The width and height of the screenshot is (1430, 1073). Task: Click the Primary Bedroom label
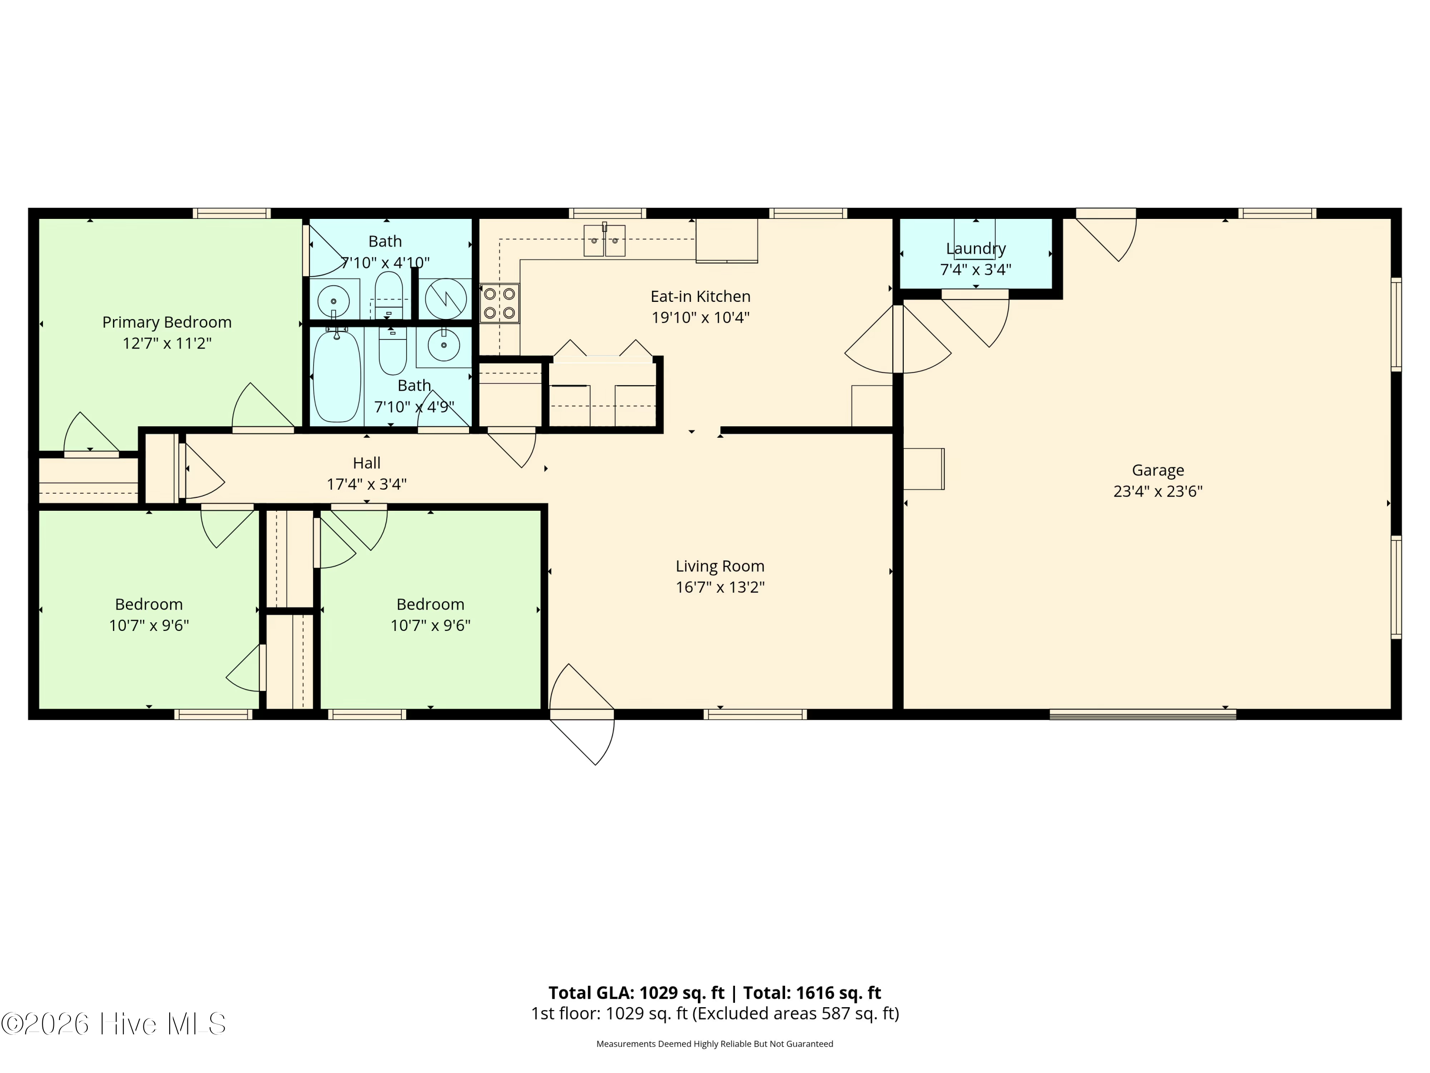coord(167,322)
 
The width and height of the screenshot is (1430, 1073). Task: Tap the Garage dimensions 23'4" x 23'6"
coord(1157,492)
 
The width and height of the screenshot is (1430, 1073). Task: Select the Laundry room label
coord(976,248)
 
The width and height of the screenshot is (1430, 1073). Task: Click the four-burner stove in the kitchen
coord(499,303)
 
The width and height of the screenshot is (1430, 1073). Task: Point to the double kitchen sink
coord(604,241)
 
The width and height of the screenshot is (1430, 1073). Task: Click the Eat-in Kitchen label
coord(700,296)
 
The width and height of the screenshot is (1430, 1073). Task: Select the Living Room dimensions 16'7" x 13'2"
coord(720,587)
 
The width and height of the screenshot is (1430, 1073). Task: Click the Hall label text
coord(367,463)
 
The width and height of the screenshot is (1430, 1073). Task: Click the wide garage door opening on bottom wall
coord(1142,715)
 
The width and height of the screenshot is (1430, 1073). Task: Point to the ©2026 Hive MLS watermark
coord(113,1024)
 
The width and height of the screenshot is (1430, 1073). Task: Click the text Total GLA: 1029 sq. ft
coord(636,993)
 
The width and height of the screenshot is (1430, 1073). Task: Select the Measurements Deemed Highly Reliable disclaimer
coord(715,1044)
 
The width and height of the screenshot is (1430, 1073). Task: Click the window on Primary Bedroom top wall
coord(232,214)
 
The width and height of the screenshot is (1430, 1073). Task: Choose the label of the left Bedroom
coord(149,604)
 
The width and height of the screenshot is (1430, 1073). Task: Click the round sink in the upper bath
coord(334,301)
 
